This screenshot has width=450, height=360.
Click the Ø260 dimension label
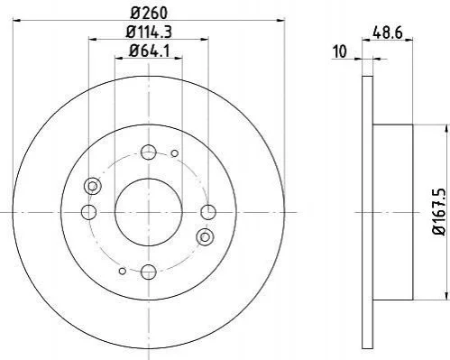coord(149,13)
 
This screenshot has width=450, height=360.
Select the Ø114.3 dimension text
coord(149,32)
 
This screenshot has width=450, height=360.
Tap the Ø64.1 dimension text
coord(149,51)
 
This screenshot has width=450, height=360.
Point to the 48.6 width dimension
coord(387,32)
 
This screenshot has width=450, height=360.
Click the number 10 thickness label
coord(340,51)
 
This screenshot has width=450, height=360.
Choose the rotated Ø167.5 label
coord(438,211)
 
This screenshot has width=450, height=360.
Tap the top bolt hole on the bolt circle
coord(149,152)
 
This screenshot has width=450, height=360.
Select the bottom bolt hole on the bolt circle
coord(149,272)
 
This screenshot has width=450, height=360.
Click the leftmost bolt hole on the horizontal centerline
coord(88,212)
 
